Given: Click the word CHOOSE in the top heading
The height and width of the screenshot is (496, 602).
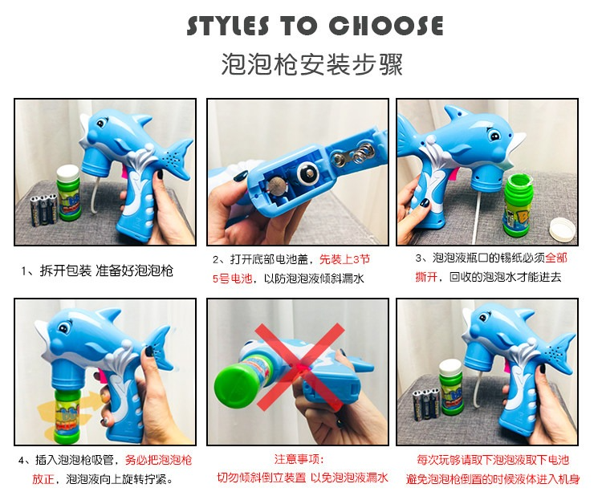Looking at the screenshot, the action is (386, 26).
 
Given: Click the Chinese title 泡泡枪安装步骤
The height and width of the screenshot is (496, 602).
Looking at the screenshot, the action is (311, 64).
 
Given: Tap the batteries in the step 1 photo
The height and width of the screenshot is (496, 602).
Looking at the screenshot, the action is (44, 209).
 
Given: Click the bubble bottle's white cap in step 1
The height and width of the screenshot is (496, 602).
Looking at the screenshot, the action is (68, 172).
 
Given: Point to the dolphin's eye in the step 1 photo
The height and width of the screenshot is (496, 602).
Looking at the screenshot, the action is (101, 124).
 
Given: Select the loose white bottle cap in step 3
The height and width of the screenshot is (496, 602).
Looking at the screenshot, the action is (563, 230).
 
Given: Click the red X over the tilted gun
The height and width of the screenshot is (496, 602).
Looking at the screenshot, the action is (300, 367).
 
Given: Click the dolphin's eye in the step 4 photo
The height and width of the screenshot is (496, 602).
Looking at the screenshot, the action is (63, 328).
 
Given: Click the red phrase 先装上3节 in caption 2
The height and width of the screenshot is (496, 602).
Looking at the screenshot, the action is (345, 259).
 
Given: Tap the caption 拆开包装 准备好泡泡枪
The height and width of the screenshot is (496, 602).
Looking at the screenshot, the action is (106, 270).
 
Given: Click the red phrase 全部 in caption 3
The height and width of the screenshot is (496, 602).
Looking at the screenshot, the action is (556, 258).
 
